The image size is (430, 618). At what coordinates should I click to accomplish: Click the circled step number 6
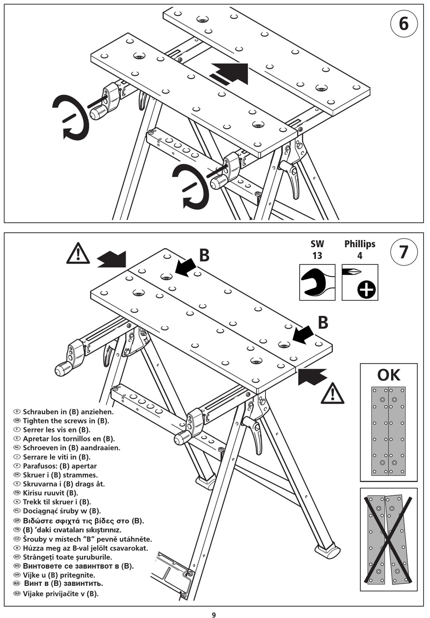(403, 23)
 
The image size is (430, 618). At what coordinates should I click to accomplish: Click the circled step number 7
(403, 251)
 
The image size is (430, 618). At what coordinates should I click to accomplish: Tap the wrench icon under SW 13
(317, 283)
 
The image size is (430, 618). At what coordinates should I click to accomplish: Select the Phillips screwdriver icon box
(359, 283)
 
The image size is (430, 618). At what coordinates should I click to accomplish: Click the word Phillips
(359, 244)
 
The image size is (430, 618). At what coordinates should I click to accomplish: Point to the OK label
(388, 375)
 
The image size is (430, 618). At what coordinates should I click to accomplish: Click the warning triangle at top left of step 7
(78, 254)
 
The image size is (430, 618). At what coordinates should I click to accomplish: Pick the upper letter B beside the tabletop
(205, 255)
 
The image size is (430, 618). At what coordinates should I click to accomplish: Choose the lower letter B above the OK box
(323, 322)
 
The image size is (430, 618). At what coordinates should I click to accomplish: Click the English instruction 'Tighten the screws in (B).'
(66, 421)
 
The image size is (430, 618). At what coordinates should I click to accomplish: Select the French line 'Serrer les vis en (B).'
(57, 430)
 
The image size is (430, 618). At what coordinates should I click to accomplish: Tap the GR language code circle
(18, 521)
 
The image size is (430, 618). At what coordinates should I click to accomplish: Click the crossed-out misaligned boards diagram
(388, 539)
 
